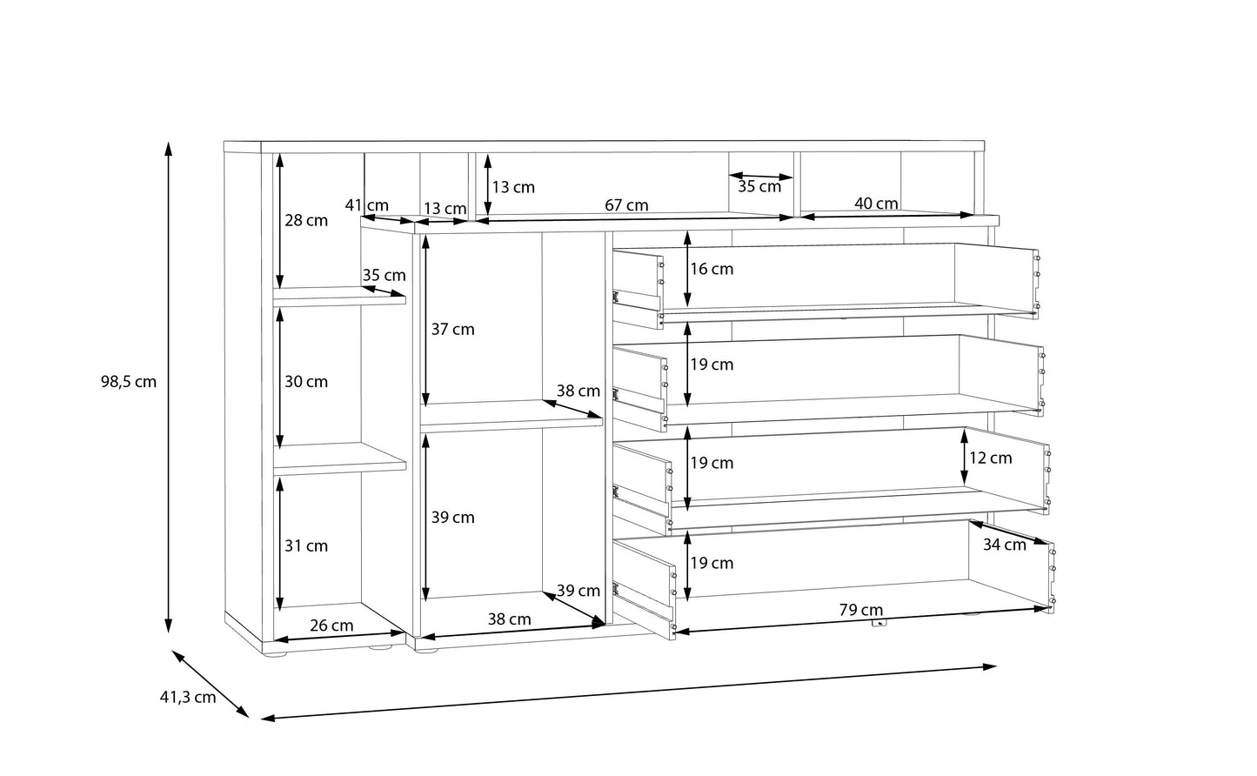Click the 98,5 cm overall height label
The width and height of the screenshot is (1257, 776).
pyautogui.click(x=129, y=382)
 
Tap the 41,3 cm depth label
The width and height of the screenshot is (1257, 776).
pyautogui.click(x=188, y=698)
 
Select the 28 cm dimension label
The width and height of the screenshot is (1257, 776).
pyautogui.click(x=306, y=220)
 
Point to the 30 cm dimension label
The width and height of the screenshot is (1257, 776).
pyautogui.click(x=306, y=382)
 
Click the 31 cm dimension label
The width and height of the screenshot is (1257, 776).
pyautogui.click(x=306, y=546)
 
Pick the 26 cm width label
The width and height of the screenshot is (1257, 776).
pyautogui.click(x=331, y=625)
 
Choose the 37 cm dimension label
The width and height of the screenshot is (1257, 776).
pyautogui.click(x=453, y=330)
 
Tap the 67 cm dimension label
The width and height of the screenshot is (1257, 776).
pyautogui.click(x=626, y=206)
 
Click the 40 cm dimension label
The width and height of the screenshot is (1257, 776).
pyautogui.click(x=876, y=204)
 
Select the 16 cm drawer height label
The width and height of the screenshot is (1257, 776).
pyautogui.click(x=712, y=270)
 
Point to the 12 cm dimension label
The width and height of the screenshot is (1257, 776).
pyautogui.click(x=991, y=458)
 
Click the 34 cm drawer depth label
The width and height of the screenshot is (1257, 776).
pyautogui.click(x=1005, y=545)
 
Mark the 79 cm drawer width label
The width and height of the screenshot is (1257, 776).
pyautogui.click(x=861, y=610)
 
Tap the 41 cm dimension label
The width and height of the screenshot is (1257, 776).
pyautogui.click(x=366, y=206)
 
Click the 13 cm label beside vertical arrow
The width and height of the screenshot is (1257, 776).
pyautogui.click(x=513, y=187)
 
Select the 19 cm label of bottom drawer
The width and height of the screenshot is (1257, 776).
pyautogui.click(x=712, y=564)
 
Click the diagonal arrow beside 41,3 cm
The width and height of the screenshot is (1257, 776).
pyautogui.click(x=211, y=684)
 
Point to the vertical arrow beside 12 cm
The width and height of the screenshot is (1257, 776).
pyautogui.click(x=965, y=456)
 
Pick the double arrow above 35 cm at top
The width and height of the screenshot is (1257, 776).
pyautogui.click(x=760, y=177)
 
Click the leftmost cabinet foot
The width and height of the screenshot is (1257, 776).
pyautogui.click(x=275, y=654)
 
